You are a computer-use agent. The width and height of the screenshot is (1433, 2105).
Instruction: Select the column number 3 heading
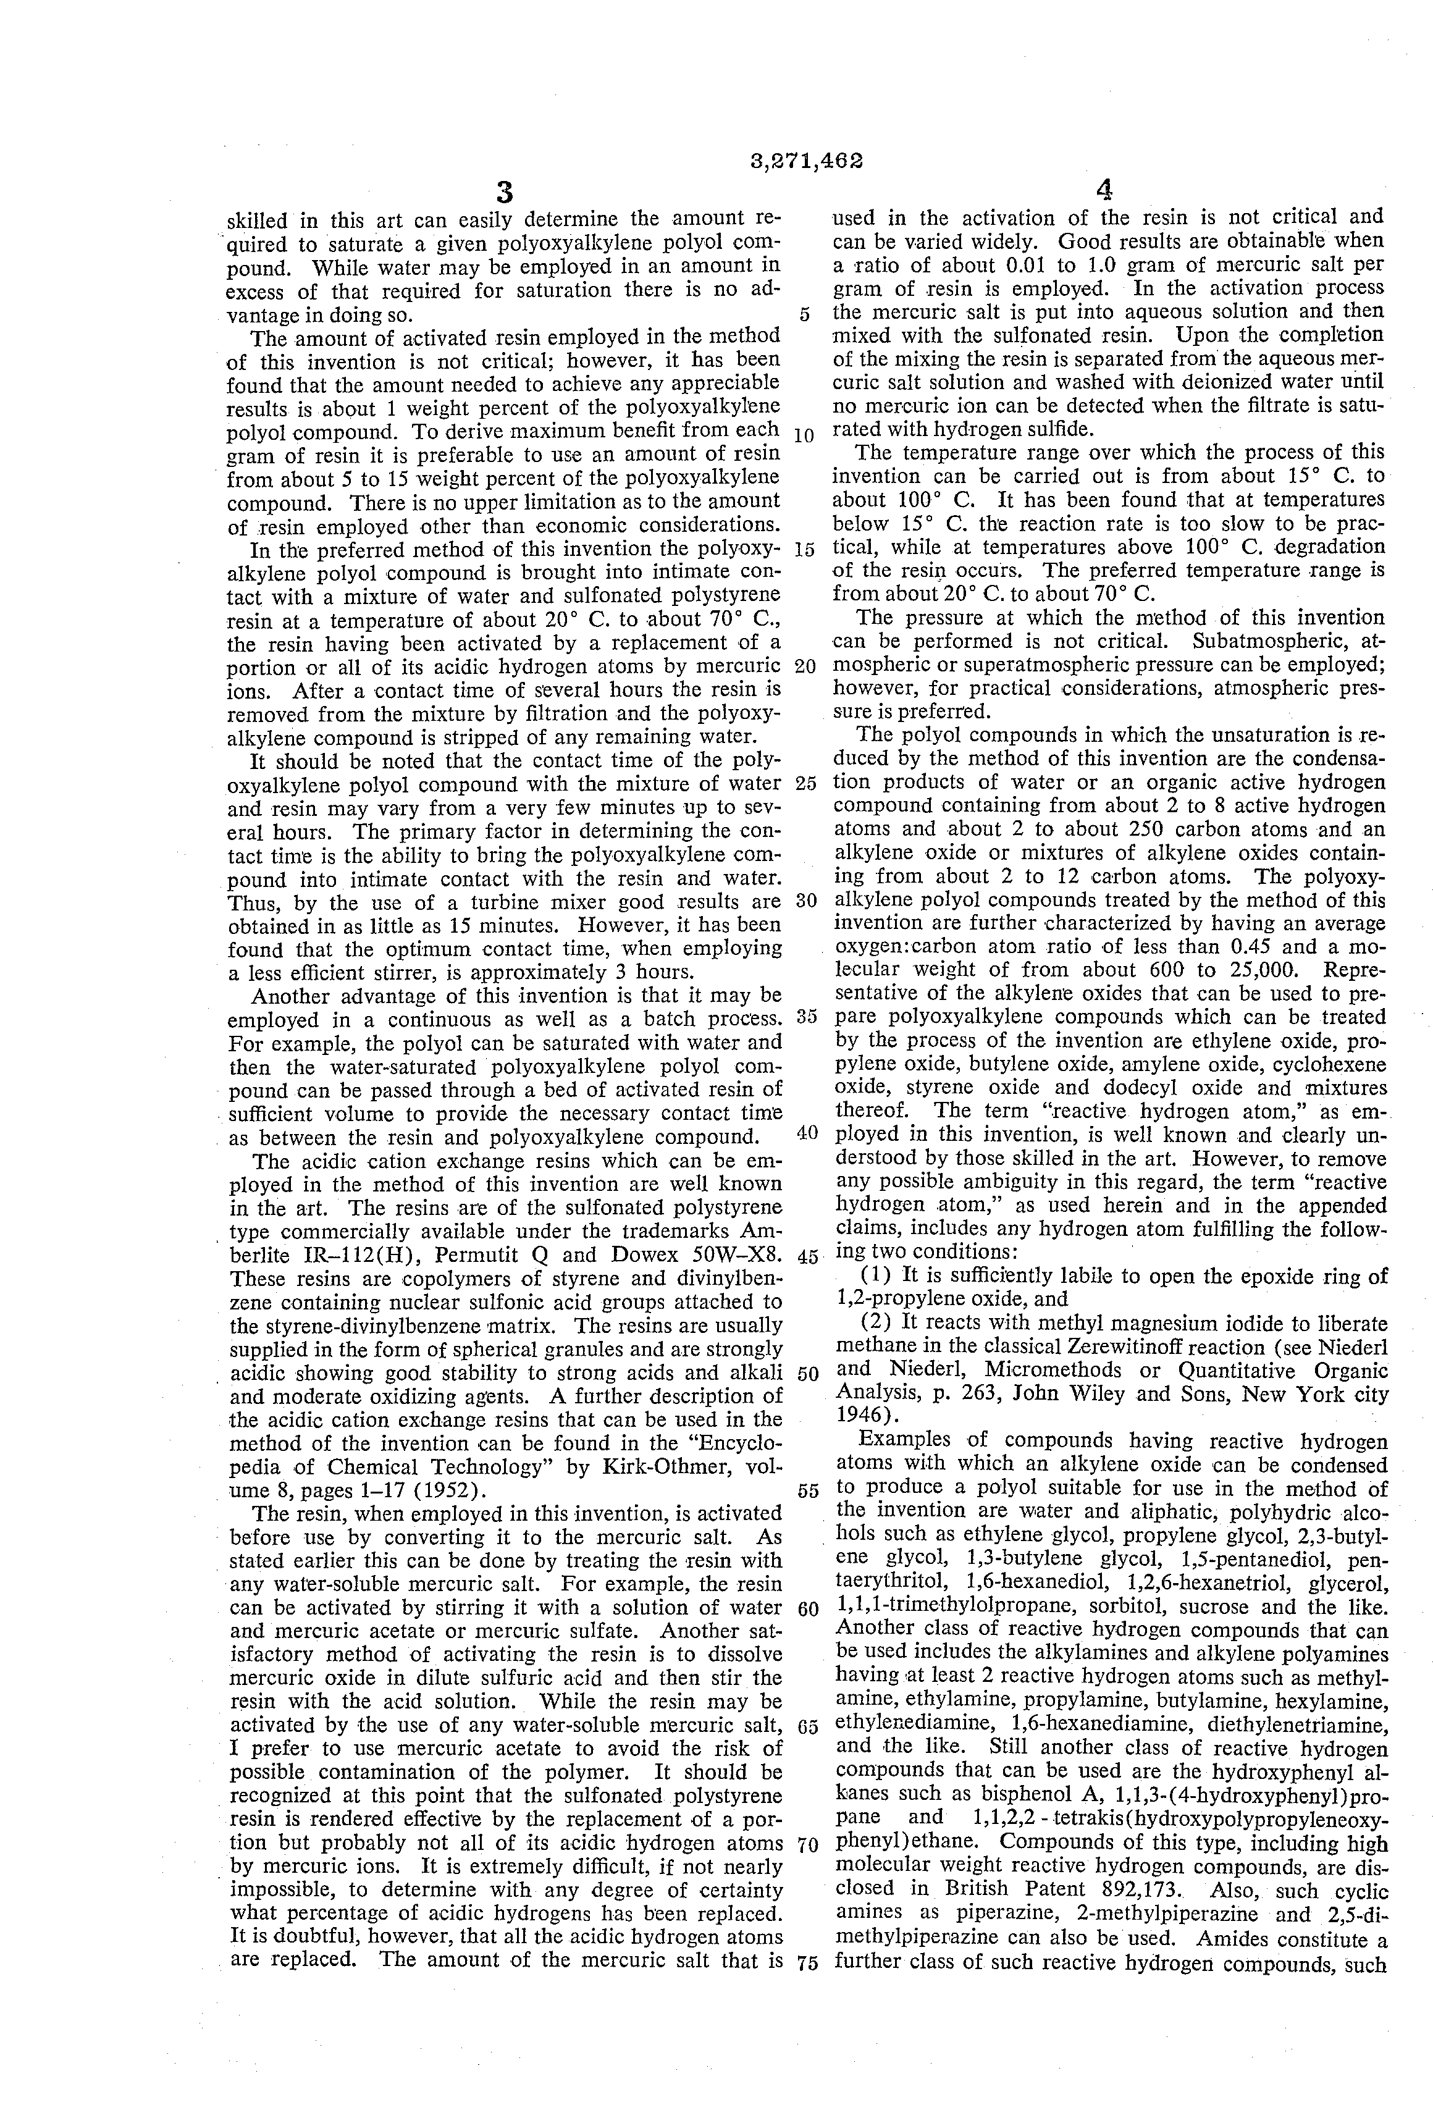(x=505, y=192)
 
